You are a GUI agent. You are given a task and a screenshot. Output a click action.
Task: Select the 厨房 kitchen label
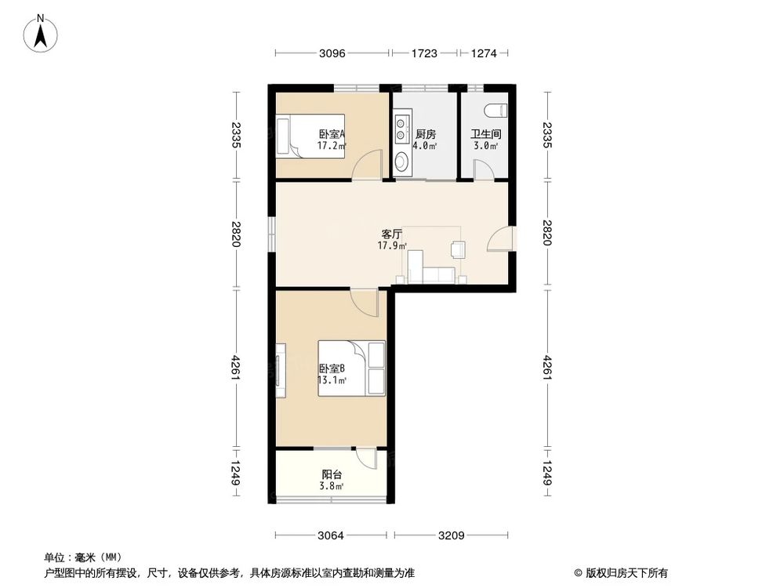426,134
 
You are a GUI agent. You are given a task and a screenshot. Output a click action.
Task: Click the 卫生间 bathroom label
485,134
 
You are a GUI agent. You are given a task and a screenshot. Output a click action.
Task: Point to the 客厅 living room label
391,234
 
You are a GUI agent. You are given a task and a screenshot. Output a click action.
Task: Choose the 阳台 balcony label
331,474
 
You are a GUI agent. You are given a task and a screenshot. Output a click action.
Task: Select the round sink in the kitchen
401,162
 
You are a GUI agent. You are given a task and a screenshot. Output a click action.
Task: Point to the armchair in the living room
457,249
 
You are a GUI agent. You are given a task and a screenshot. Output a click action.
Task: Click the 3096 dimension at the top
332,53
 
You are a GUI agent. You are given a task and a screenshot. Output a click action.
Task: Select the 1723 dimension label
424,53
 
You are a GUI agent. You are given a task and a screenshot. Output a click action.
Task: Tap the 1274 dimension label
484,53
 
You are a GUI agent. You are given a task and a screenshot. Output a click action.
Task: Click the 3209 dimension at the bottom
452,536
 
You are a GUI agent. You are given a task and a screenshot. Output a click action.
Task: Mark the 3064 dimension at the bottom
332,536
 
